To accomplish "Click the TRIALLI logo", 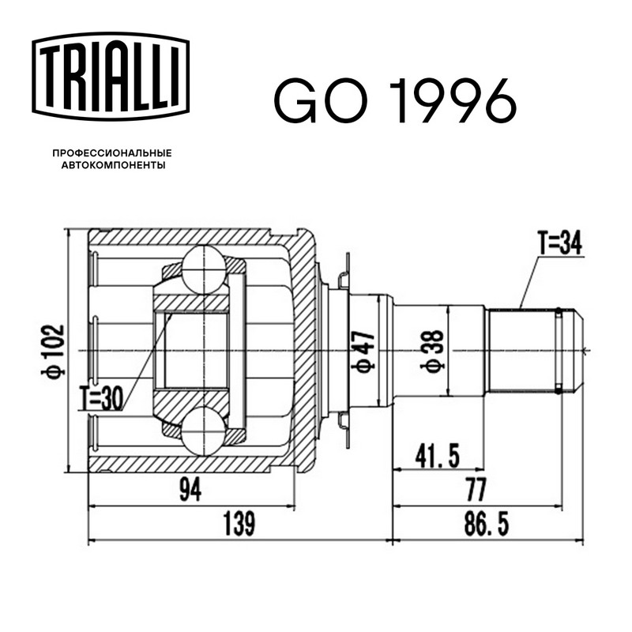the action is point(111,77).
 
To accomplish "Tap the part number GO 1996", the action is point(396,100).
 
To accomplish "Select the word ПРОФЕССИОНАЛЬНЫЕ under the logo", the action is point(112,153).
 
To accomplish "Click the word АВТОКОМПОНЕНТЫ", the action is point(113,165).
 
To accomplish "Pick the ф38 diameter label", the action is point(431,352).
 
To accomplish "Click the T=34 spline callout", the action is point(560,244).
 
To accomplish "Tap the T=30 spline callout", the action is point(101,399).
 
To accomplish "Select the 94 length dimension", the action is point(190,490).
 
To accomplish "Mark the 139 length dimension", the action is point(239,524).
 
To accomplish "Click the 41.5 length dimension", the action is point(438,457).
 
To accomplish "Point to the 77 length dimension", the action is point(476,490).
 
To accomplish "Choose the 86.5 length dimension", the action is point(487,524).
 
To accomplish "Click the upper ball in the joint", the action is point(204,269).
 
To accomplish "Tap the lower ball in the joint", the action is point(204,431).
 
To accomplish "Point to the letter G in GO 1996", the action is point(295,100).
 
